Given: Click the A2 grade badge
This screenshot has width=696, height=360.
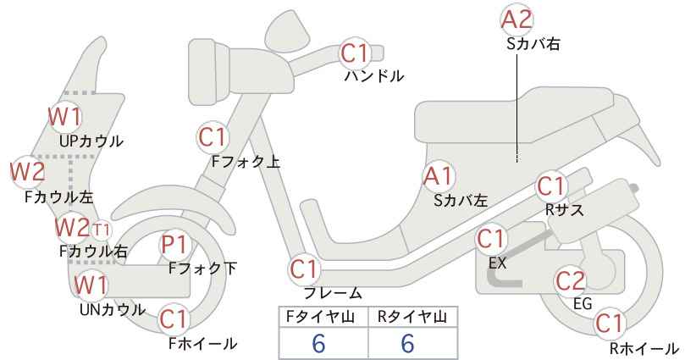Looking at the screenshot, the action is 516,20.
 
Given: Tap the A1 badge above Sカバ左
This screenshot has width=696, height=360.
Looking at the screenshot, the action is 438,176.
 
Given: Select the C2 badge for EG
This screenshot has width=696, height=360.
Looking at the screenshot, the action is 571,281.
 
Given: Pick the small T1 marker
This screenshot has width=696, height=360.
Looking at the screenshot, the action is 102,230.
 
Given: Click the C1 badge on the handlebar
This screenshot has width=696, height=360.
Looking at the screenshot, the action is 355,53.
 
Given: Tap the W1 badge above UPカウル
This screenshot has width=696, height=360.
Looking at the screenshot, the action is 65,117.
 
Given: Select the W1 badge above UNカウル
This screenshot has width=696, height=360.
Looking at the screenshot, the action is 91,285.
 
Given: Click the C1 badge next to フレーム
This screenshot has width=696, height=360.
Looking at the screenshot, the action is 305,269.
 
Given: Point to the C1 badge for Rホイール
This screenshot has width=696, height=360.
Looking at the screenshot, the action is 610,324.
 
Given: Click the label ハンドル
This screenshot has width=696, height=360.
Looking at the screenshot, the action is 374,76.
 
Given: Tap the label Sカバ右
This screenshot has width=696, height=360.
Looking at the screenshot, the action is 533,44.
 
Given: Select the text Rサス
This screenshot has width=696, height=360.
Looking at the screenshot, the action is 565,209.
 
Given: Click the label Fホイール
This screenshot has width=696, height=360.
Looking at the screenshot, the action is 203,343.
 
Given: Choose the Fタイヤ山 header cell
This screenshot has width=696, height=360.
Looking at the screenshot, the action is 323,317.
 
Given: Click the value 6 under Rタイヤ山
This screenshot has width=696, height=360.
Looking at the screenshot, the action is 407,343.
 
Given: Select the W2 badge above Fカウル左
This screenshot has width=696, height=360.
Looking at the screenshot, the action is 28,172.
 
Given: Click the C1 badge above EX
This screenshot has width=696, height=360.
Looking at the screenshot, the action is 492,240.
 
